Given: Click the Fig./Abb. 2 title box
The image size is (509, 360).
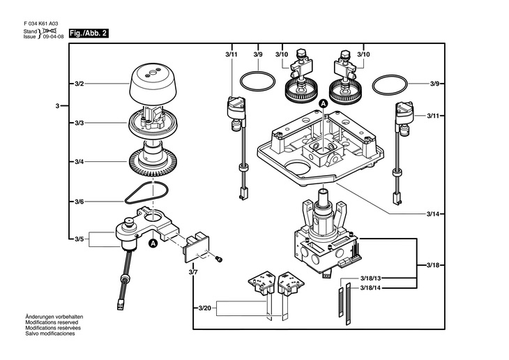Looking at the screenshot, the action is [x=89, y=33].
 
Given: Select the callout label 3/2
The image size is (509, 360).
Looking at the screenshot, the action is [x=79, y=84].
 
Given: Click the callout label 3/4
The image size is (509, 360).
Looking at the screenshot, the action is [x=79, y=162].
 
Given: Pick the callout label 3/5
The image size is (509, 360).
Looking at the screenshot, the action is [x=79, y=239].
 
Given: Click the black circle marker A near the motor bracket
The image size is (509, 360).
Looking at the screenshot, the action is [x=153, y=243].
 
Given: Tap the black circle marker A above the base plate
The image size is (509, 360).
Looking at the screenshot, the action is [x=324, y=103].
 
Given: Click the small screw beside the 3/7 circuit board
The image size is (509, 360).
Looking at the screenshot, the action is [x=219, y=259].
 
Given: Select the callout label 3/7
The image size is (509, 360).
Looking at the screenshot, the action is [x=193, y=272].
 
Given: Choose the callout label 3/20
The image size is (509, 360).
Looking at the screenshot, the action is [x=204, y=308].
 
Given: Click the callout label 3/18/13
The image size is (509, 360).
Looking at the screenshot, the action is [x=370, y=278].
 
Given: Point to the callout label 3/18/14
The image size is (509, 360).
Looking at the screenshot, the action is [x=370, y=288].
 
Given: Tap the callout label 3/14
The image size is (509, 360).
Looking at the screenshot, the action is [x=433, y=214].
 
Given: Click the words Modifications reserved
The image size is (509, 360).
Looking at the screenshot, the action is [x=52, y=322].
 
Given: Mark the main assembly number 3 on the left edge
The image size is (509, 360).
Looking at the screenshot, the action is [x=57, y=106].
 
